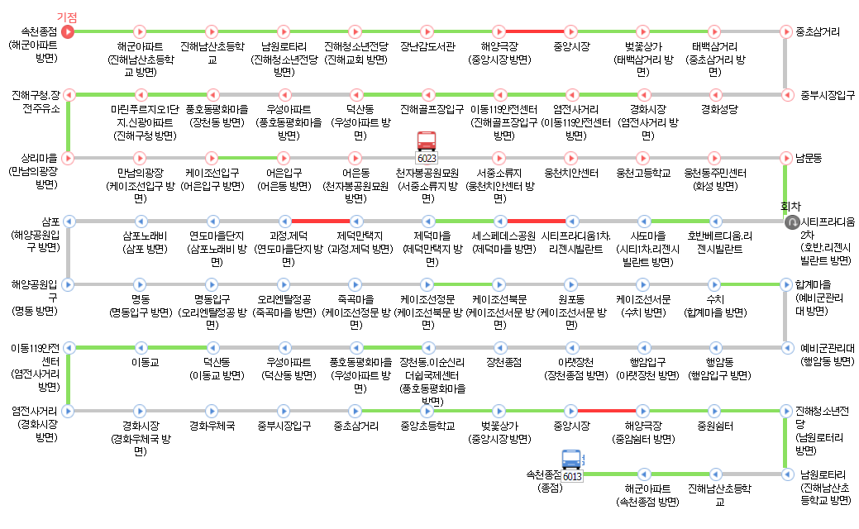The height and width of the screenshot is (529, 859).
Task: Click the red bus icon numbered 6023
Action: tap(427, 145)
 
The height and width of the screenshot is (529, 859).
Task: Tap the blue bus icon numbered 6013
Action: tap(572, 465)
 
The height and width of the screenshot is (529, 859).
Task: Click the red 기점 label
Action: tap(67, 17)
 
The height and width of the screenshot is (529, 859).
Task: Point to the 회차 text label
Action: tap(791, 207)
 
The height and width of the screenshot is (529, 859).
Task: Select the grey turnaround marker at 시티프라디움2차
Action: tap(790, 222)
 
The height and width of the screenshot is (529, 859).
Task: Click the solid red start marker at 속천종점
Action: tap(68, 31)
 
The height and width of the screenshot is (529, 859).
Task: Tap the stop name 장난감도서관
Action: tap(427, 47)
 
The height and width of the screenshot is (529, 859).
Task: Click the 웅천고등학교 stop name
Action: tap(643, 173)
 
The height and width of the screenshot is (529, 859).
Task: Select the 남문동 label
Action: tap(809, 157)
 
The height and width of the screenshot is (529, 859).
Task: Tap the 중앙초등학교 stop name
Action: tap(427, 427)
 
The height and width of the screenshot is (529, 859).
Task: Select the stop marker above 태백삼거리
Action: tap(714, 31)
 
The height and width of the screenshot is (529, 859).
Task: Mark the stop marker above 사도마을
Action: tap(642, 221)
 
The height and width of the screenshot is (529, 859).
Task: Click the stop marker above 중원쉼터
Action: tap(714, 410)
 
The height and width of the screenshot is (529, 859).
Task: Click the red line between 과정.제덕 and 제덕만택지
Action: tap(320, 221)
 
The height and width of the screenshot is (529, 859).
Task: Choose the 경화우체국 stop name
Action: tap(212, 427)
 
